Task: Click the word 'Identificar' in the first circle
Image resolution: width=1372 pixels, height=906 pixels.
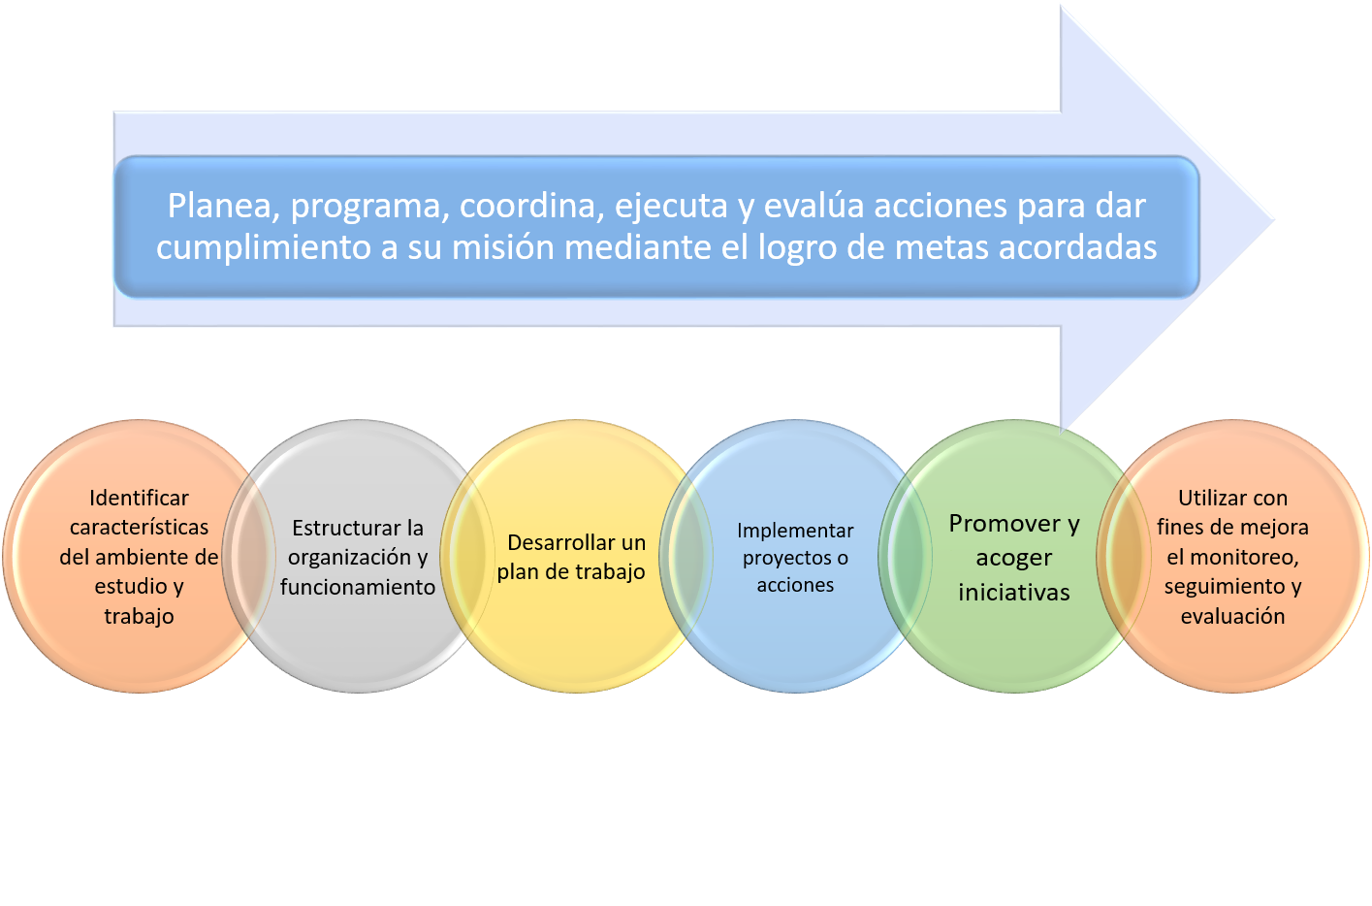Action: (139, 498)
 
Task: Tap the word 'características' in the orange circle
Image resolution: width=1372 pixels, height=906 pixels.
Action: (139, 527)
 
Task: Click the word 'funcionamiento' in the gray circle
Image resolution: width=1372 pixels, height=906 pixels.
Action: (358, 587)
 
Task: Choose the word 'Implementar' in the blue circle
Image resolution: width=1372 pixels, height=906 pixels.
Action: (795, 532)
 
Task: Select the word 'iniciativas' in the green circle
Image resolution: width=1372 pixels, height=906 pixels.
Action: (1013, 593)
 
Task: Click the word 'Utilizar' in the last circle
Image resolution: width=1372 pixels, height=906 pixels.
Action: (1208, 498)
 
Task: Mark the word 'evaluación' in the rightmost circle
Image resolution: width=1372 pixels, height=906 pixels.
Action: (1232, 616)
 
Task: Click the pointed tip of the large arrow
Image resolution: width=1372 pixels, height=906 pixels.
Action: (1275, 219)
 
